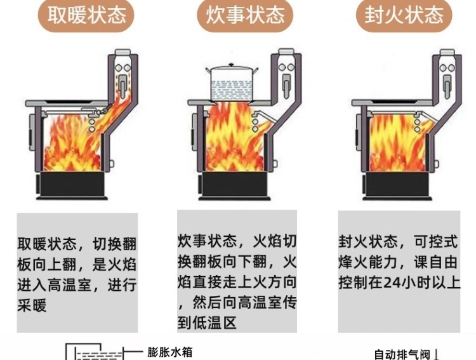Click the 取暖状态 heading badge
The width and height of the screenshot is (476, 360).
(x=86, y=15)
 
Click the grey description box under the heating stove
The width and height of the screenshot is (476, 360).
(x=76, y=273)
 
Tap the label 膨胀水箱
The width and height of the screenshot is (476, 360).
(x=170, y=352)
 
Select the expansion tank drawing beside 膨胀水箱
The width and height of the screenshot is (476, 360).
(x=92, y=352)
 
